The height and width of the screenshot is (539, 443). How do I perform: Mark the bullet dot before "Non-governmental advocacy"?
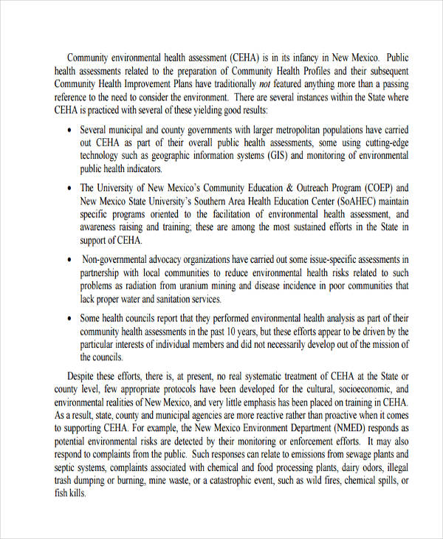(69, 260)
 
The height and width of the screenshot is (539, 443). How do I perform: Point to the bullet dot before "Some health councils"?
(69, 319)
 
